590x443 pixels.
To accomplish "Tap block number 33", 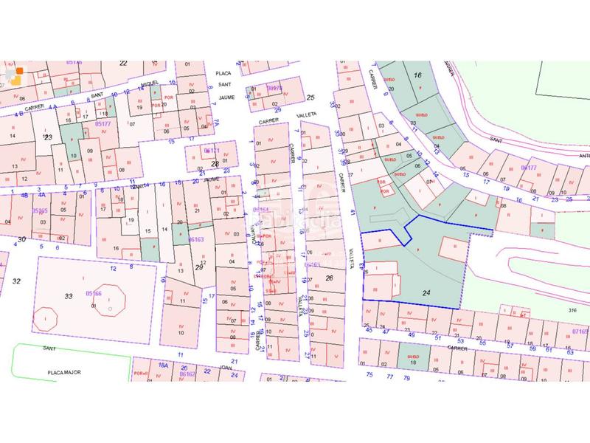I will point(69,296).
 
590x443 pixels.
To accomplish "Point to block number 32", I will point(17,281).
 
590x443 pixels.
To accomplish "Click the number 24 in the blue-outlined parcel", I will point(426,293).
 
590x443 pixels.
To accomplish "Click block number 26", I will point(329,278).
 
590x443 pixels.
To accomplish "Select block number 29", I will point(198,267).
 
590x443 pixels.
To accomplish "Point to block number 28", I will point(215,164).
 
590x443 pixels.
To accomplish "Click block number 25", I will point(310,97).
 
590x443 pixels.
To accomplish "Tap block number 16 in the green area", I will point(417,75).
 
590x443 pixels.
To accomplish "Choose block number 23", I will point(48,137).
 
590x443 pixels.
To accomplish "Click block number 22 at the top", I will point(123,63).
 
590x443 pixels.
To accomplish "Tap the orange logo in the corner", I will point(15,74).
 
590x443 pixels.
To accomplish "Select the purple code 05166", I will point(93,293).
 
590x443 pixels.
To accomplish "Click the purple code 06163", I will point(195,240).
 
